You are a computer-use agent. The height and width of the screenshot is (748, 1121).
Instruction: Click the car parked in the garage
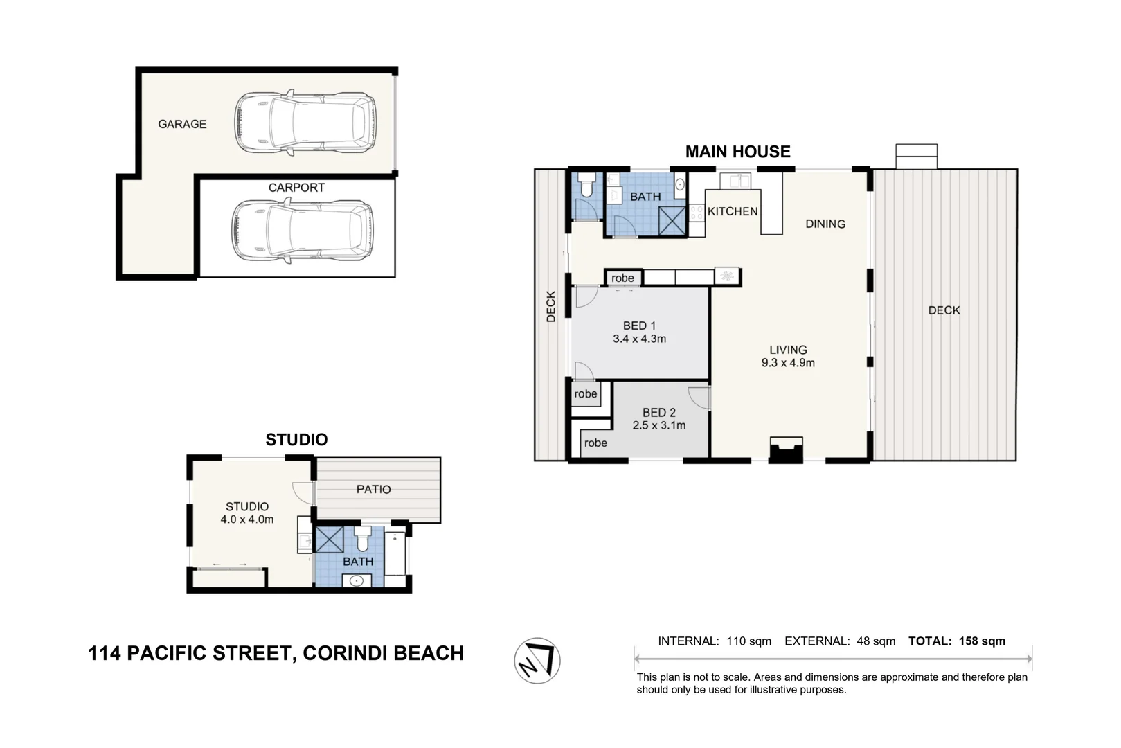(x=305, y=123)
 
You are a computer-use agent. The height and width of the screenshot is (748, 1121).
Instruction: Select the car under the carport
(x=303, y=231)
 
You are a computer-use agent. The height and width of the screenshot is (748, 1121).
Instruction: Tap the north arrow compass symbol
(x=537, y=661)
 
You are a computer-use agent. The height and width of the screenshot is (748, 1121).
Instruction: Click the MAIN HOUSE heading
(x=737, y=152)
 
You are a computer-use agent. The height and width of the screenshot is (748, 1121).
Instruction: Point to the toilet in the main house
(x=586, y=185)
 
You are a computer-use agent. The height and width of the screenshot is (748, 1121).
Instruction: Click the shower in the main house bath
(x=672, y=221)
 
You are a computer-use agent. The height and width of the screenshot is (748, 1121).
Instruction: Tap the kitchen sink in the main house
(x=735, y=181)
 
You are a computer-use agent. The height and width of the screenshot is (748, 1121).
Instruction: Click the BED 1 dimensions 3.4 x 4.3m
(x=639, y=339)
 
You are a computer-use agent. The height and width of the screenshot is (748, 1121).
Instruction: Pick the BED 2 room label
(x=659, y=413)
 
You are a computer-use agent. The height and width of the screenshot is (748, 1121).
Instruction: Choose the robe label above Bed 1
(x=622, y=278)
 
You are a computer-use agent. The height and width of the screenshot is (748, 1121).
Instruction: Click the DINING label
(x=825, y=224)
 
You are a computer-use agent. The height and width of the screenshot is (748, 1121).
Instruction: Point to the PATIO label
(x=373, y=489)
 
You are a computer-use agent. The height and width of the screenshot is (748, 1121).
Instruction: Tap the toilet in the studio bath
(x=363, y=539)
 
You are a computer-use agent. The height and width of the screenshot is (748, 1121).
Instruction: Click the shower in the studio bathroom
(x=330, y=540)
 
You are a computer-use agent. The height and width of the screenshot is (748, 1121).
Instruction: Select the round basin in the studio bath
(x=357, y=581)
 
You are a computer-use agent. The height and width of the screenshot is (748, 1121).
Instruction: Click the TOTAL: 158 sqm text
(x=957, y=641)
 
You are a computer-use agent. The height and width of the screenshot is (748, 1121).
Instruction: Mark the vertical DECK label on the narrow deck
(x=551, y=306)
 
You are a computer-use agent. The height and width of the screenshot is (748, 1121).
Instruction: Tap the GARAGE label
(x=182, y=124)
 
